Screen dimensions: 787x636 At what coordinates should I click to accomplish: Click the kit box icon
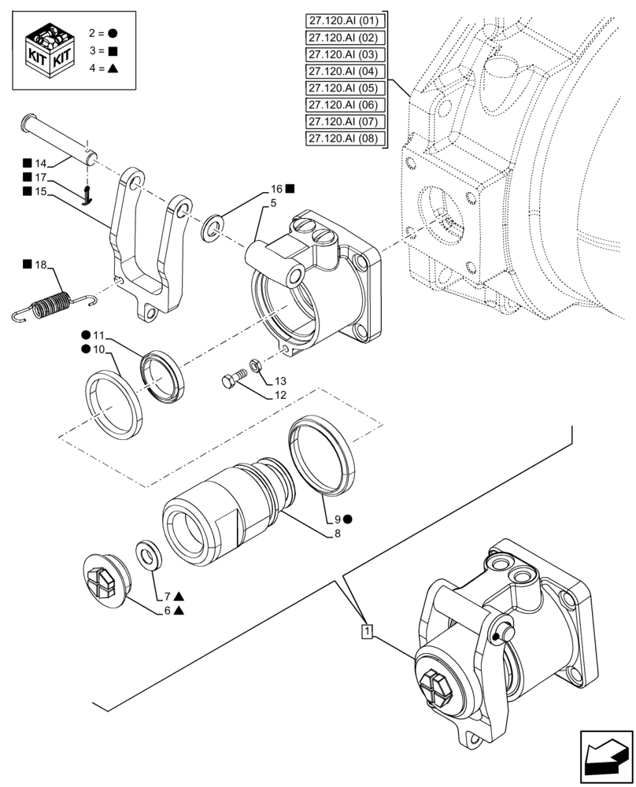[49, 49]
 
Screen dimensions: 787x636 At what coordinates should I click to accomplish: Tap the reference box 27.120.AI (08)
[344, 139]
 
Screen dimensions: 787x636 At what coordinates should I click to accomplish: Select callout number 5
[272, 204]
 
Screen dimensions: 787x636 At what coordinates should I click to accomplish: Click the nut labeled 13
[256, 365]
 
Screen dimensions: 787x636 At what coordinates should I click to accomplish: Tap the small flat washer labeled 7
[146, 553]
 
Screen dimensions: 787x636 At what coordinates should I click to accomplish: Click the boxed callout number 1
[367, 631]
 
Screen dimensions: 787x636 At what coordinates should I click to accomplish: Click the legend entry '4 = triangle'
[100, 68]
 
